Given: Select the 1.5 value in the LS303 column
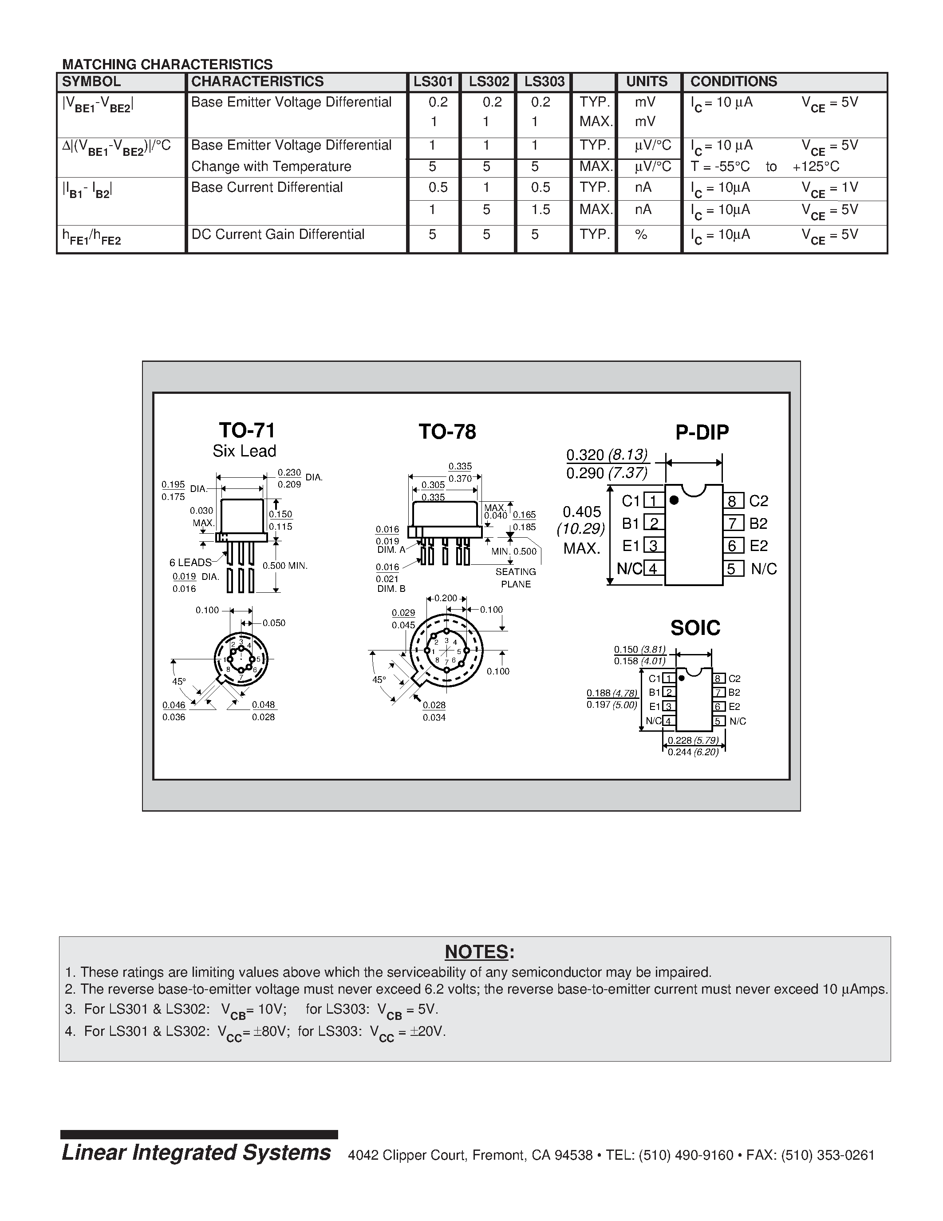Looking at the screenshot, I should [540, 210].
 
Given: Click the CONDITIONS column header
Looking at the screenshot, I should [733, 82].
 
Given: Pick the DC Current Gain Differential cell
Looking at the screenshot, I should [278, 234].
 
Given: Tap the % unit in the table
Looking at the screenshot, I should [641, 234].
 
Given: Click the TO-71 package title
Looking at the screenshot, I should [246, 431].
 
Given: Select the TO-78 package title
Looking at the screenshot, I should [447, 432].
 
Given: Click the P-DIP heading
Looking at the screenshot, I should [702, 432].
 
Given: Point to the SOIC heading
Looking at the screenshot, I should [695, 628].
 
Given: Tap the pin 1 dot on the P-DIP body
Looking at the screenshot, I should [674, 500].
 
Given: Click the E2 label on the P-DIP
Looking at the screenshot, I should [759, 546].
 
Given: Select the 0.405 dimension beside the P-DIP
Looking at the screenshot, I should [582, 512].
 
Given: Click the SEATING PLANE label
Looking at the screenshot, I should [515, 578].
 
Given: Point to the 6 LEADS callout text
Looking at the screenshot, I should [190, 563].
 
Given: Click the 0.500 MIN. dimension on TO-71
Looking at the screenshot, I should [285, 566].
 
